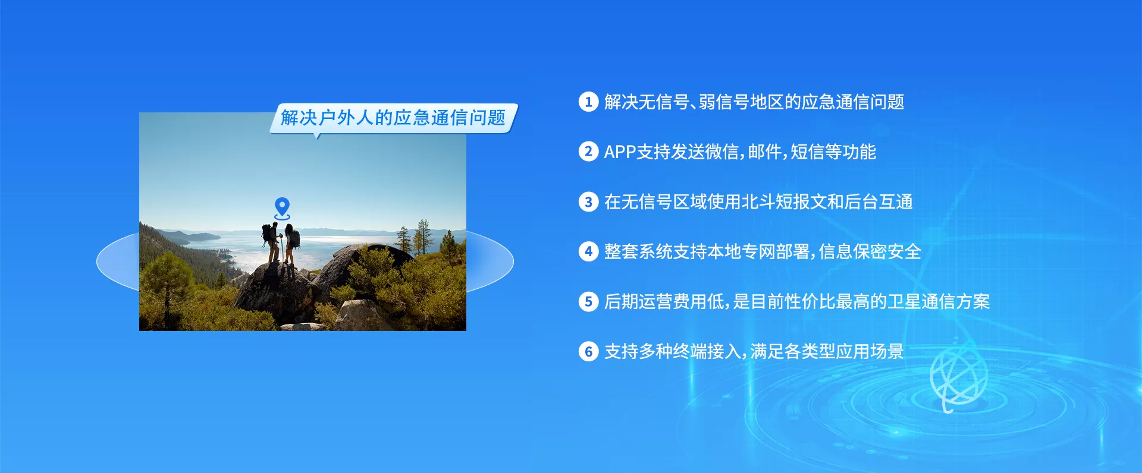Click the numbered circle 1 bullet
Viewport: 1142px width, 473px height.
point(588,102)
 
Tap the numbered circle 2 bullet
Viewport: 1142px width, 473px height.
point(588,152)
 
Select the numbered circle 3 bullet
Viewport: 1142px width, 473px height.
point(588,201)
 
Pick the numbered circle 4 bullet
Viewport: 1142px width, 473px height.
point(588,251)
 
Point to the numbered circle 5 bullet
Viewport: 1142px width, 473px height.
point(588,301)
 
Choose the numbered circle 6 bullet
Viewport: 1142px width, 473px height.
point(588,351)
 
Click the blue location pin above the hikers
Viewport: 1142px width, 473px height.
point(282,208)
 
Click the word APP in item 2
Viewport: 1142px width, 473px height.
point(620,152)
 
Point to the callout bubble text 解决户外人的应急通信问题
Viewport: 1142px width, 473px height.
point(393,118)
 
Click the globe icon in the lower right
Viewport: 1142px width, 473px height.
point(958,378)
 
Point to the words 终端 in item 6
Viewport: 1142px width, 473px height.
point(689,352)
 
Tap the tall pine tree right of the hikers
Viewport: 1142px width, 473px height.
point(423,237)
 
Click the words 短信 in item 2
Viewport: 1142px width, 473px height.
point(807,152)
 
